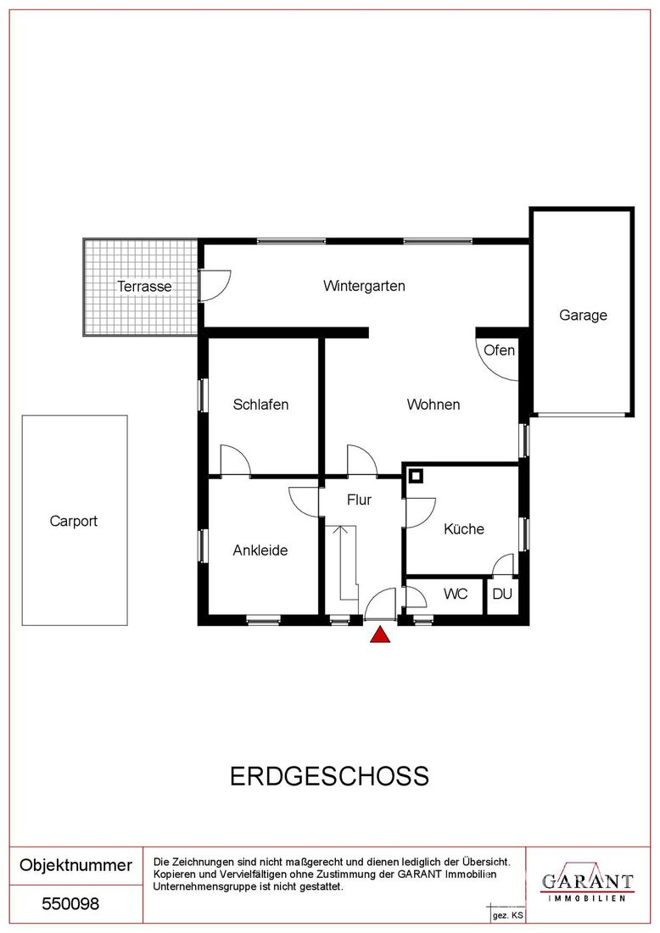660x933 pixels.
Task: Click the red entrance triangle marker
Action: pos(380,635)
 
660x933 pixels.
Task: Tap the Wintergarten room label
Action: pos(364,286)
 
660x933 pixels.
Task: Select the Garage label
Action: pos(584,316)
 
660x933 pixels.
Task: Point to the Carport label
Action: pos(74,522)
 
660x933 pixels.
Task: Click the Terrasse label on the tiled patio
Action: pos(144,286)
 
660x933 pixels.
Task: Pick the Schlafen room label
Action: pos(260,405)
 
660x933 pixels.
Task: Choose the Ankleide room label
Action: pos(260,550)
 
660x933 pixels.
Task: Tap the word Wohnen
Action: pos(433,405)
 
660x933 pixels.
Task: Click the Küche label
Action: pos(464,529)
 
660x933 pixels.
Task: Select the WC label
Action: pos(456,594)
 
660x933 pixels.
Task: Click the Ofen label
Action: pos(500,350)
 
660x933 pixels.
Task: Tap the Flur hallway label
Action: pos(360,500)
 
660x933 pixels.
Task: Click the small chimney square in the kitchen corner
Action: pos(416,476)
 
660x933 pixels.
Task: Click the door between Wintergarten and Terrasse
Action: pos(215,286)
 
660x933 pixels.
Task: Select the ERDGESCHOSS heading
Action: pos(330,776)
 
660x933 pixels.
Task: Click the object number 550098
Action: pos(70,904)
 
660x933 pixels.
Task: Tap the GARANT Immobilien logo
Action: pos(587,885)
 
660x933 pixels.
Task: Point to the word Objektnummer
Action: pos(76,865)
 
